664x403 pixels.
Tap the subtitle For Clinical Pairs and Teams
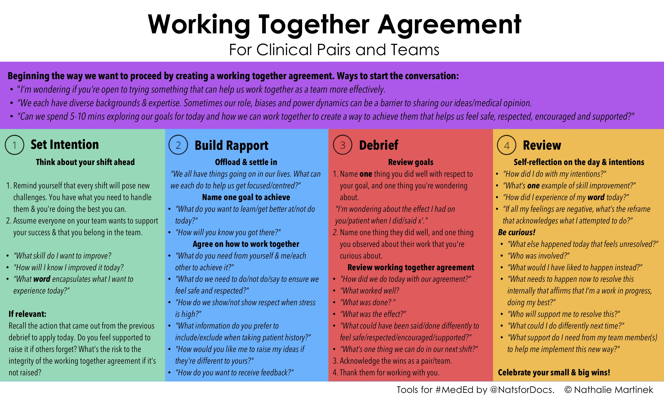[334, 50]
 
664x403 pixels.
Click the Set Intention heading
[65, 144]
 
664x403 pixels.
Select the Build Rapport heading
[231, 145]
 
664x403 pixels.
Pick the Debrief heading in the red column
[379, 145]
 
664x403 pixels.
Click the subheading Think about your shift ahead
[85, 162]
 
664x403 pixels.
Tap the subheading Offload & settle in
[246, 162]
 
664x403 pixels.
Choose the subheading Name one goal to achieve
[246, 197]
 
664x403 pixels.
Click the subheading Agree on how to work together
[246, 244]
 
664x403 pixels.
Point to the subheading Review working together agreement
[411, 268]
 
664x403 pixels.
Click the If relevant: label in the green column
[28, 314]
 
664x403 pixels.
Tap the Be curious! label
[517, 232]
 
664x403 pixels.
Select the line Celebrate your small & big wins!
[554, 372]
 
